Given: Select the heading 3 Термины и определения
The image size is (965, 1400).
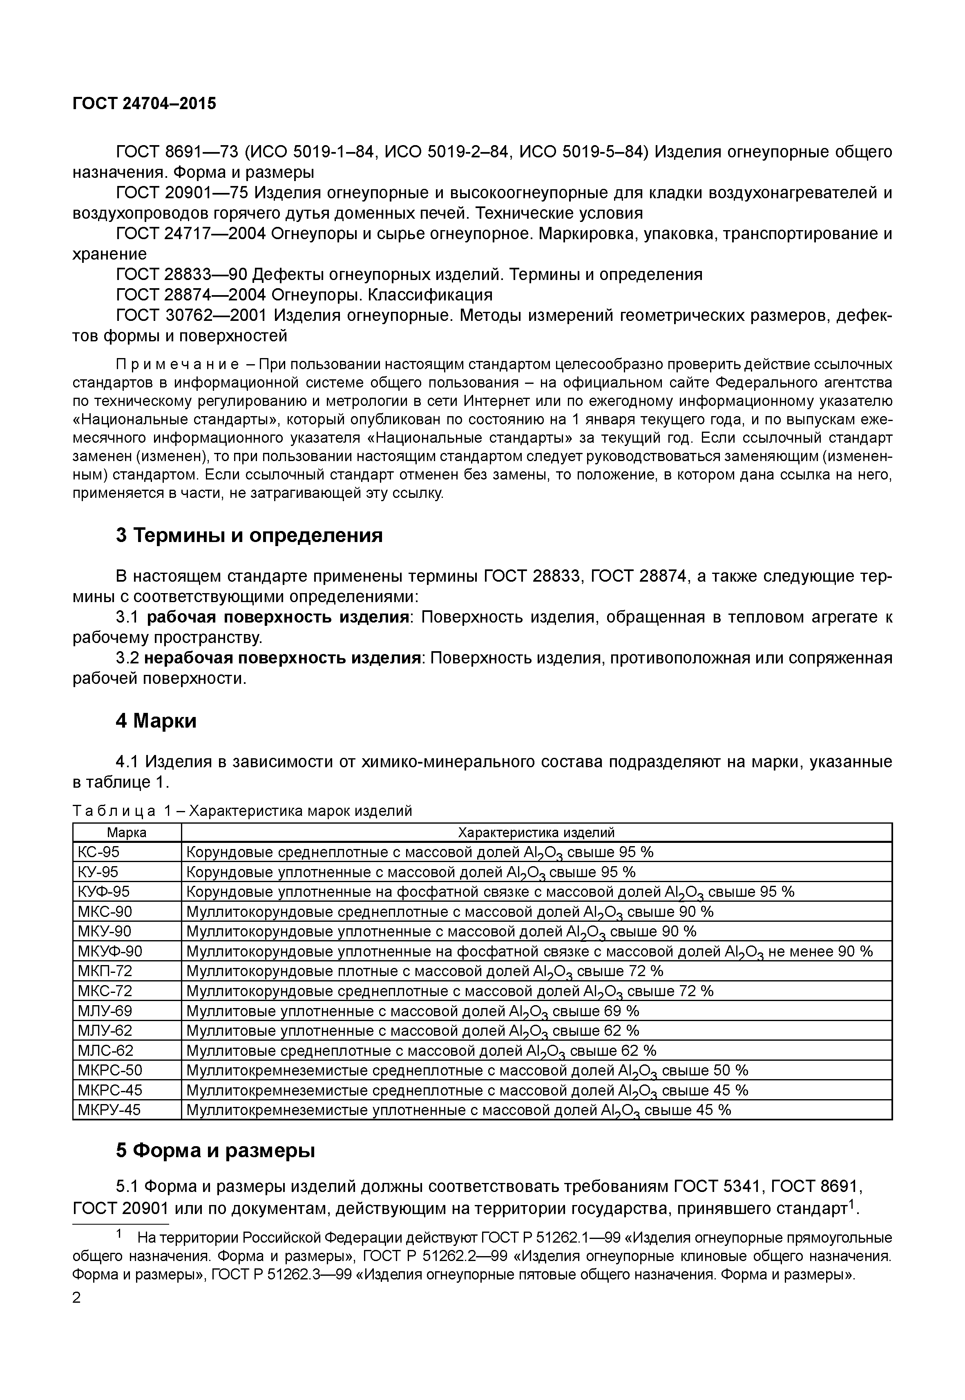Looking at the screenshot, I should click(x=249, y=535).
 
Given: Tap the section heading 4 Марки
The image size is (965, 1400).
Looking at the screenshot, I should click(x=156, y=721).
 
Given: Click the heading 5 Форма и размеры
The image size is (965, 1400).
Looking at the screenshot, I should click(x=215, y=1150).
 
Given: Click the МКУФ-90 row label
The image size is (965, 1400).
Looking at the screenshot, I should click(x=110, y=952).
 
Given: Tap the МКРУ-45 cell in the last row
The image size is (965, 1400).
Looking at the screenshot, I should click(x=109, y=1110).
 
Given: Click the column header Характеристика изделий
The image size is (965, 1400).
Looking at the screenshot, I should click(x=536, y=833).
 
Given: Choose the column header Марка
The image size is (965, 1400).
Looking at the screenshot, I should click(x=127, y=833).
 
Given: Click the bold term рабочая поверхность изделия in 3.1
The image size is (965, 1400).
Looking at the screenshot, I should click(x=279, y=617).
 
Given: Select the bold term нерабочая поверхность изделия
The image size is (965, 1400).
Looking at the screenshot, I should click(x=282, y=658).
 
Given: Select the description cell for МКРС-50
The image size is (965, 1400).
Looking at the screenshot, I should click(x=467, y=1070).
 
